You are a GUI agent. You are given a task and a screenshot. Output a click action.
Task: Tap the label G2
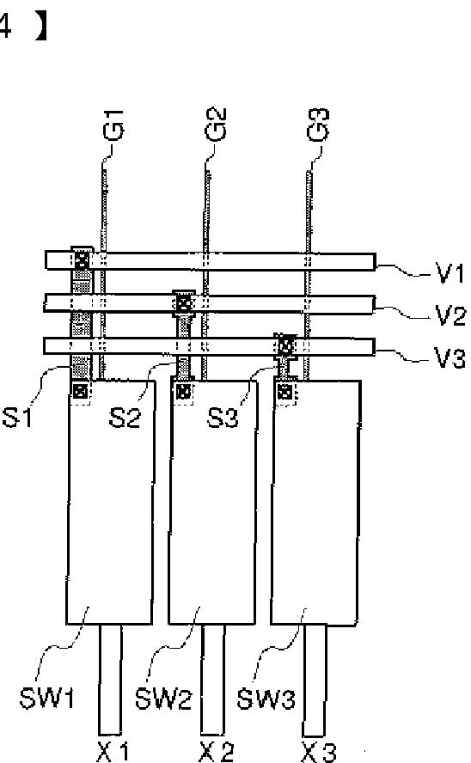point(217,124)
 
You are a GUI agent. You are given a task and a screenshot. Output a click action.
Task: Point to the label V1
point(451,274)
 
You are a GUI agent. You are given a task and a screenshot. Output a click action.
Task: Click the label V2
point(450,315)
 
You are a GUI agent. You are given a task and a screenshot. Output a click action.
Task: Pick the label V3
point(450,358)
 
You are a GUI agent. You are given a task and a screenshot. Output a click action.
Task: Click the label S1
point(17,417)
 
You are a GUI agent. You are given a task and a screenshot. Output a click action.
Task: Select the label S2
point(125,417)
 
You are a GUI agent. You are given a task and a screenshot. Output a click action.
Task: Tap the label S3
point(223,417)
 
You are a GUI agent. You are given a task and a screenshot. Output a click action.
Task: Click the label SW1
point(47,698)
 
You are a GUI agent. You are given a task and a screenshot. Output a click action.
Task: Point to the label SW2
point(163,699)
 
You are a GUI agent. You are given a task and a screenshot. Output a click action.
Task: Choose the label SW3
point(266,699)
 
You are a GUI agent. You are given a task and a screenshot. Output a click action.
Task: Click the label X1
point(113,753)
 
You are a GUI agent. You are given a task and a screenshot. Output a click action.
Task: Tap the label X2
point(217,753)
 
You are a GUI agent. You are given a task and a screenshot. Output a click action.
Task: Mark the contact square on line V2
point(183,305)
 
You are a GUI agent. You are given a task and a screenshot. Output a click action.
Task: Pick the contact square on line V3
point(285,346)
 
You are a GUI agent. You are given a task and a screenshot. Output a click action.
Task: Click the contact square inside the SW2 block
point(183,391)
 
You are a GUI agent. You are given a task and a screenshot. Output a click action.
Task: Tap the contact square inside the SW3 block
point(286,391)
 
